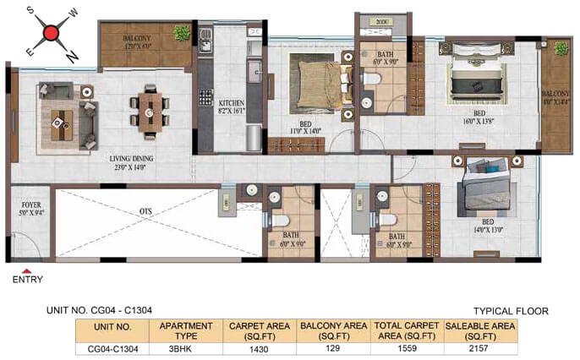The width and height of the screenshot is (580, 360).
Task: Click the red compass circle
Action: point(51,35)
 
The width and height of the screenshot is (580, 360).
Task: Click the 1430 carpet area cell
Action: point(259,347)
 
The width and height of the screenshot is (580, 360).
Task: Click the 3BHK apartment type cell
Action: point(179,347)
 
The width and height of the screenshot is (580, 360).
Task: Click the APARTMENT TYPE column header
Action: point(179,330)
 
